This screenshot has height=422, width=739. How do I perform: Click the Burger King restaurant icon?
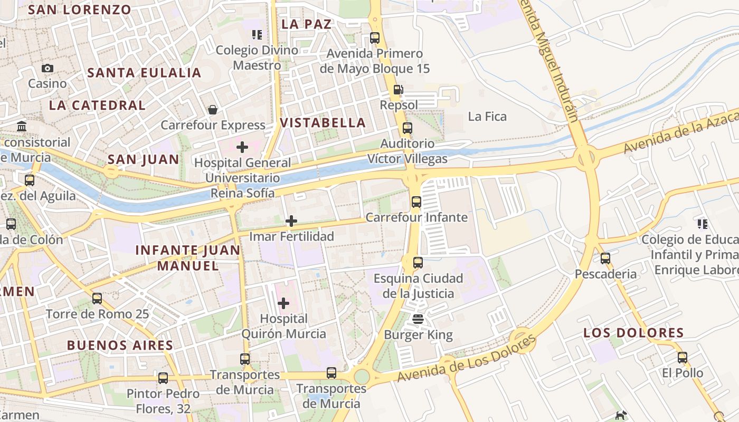pos(418,319)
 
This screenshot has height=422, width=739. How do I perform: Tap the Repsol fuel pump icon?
pos(399,90)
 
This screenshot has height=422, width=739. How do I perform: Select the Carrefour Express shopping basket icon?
pos(213,110)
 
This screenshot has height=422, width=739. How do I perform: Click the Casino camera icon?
pos(48,68)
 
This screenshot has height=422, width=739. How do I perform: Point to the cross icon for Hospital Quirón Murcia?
pos(283,303)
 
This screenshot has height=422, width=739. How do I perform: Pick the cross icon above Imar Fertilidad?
pos(291,221)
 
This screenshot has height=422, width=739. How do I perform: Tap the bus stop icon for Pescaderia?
pos(605,258)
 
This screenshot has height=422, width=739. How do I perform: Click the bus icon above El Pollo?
pos(683,358)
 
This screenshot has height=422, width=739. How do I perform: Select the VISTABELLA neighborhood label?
pos(323,123)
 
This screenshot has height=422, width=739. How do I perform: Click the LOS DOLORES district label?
pos(633,333)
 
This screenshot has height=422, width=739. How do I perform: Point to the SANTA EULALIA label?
pos(144,73)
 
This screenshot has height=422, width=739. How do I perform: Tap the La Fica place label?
pos(487,117)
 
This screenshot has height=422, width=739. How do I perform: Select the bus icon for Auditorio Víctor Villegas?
pos(407,128)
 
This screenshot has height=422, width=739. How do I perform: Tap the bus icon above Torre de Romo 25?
pos(97,299)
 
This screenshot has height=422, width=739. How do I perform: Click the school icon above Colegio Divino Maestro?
pos(257,35)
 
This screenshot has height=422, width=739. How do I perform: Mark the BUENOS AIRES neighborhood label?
pos(120,346)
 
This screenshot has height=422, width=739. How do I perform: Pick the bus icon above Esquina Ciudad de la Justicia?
pos(418,262)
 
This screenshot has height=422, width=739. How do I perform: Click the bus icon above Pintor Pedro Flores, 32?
pos(163,378)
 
